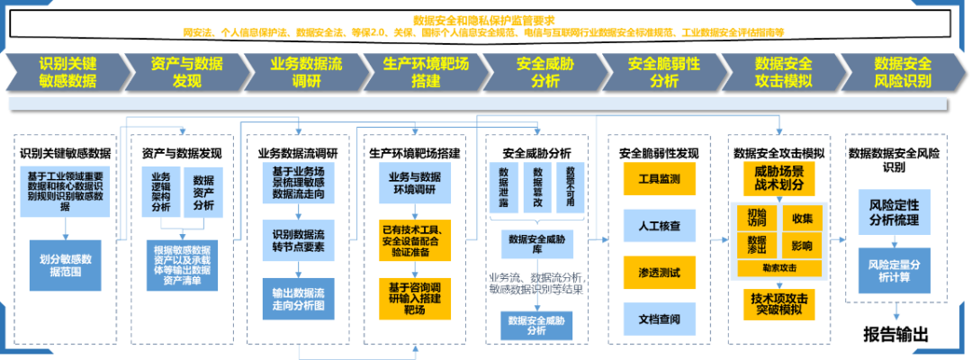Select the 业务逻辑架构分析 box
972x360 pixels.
click(161, 193)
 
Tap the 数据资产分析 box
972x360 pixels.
click(203, 193)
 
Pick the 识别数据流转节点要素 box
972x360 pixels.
click(299, 240)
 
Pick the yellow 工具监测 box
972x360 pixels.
click(659, 179)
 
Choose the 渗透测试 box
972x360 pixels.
click(659, 272)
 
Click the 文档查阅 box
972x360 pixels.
click(659, 318)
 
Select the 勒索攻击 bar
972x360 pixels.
click(779, 268)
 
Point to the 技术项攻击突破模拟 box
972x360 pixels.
click(779, 303)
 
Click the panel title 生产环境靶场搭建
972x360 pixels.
click(415, 152)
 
